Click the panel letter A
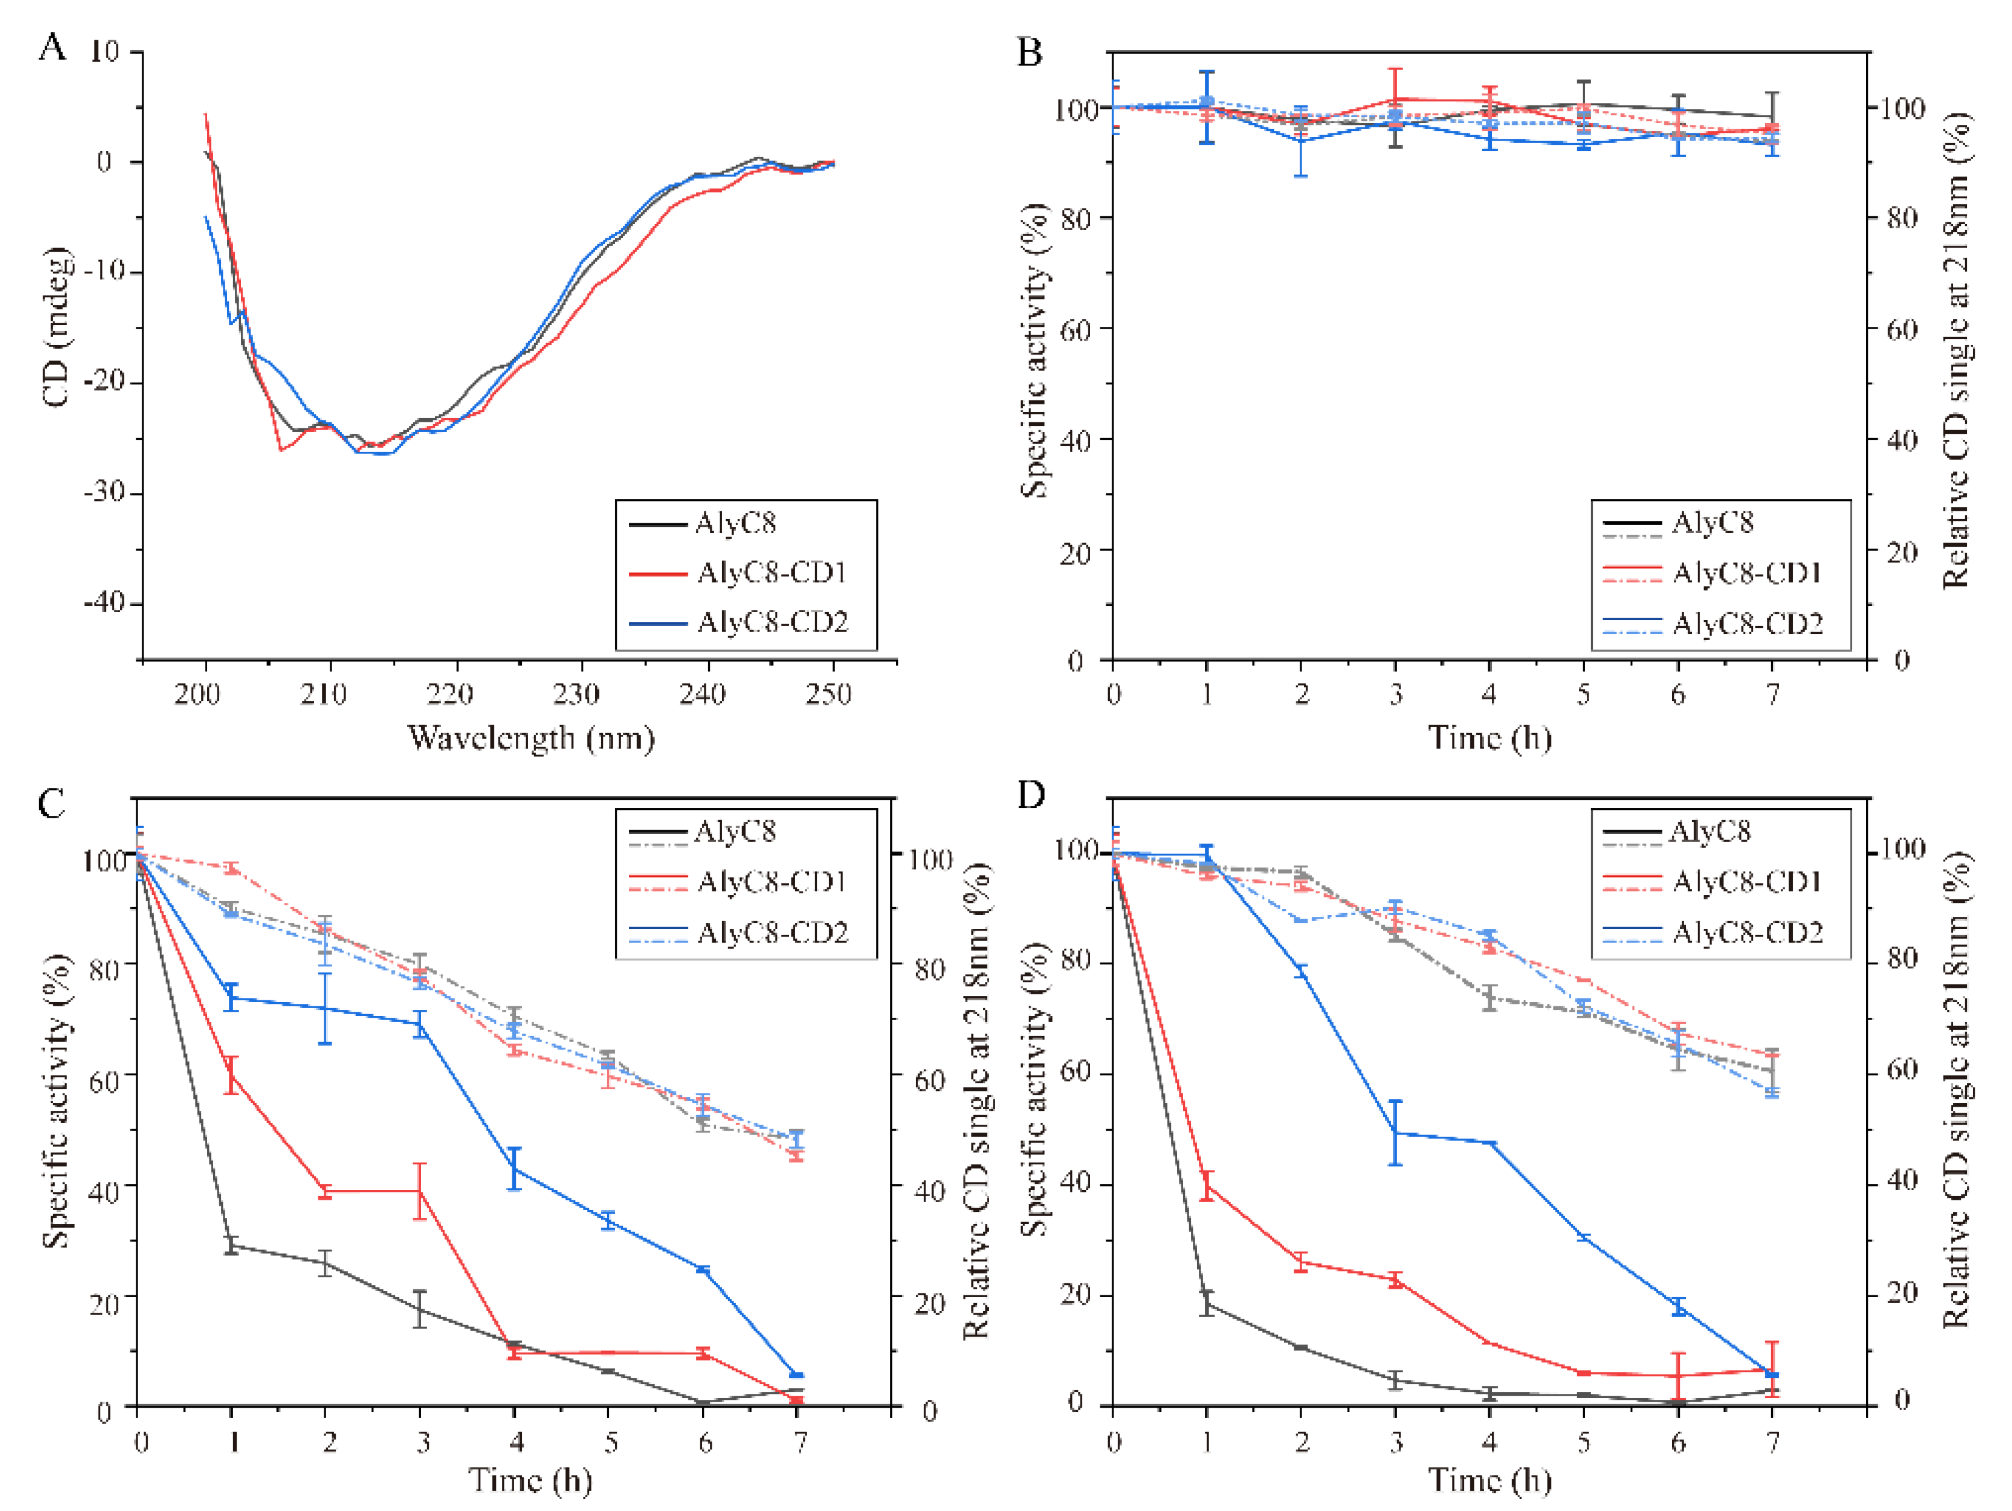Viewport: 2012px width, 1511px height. click(x=52, y=46)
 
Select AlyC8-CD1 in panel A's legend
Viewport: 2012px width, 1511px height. click(x=771, y=573)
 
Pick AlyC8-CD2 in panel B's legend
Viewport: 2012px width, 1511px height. click(x=1747, y=624)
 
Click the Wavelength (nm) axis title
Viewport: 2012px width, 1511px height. click(x=530, y=738)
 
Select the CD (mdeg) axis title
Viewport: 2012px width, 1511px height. click(x=56, y=327)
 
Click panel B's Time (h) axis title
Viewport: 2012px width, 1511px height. click(x=1489, y=738)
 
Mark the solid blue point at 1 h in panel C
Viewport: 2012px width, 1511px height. click(x=231, y=998)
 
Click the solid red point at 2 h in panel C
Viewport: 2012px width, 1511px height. click(x=326, y=1192)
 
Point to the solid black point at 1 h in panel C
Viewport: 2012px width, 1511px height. click(x=231, y=1245)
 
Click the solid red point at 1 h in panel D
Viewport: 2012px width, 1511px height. click(x=1207, y=1184)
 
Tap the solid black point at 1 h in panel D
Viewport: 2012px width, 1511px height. click(x=1207, y=1304)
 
